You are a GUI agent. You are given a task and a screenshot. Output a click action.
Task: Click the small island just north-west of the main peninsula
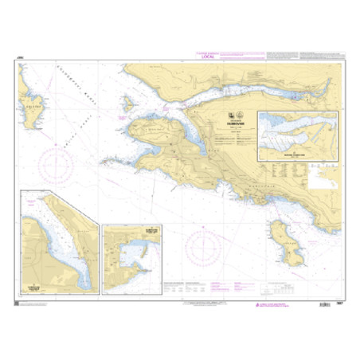pyautogui.click(x=127, y=104)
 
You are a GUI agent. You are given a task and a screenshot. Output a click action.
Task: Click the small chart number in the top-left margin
pyautogui.click(x=19, y=56)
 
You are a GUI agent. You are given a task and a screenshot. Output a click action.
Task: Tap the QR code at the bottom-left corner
pyautogui.click(x=18, y=300)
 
